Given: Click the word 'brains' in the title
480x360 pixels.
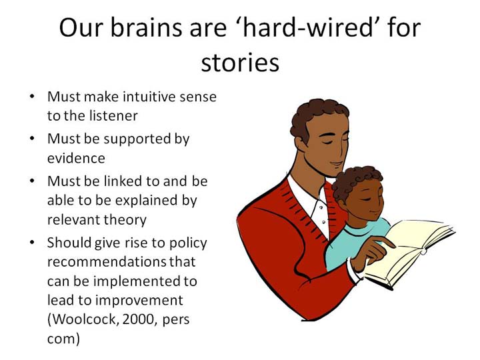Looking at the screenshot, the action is (145, 27).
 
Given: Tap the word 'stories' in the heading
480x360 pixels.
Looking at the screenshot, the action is (240, 63).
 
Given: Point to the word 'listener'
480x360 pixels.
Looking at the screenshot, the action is (113, 116).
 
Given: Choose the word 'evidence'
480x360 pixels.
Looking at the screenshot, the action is (76, 158).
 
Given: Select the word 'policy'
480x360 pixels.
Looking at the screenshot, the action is (188, 243).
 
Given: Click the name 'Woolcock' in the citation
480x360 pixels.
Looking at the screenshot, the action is (83, 319).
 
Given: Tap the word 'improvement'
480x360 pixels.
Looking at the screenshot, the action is (139, 301).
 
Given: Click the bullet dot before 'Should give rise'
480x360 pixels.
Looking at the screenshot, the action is (32, 243).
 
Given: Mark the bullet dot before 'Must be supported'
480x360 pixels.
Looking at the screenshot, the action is (32, 139).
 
